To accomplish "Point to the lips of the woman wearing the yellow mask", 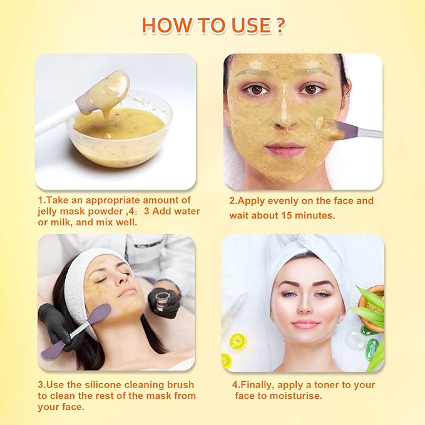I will tap(285, 151).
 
